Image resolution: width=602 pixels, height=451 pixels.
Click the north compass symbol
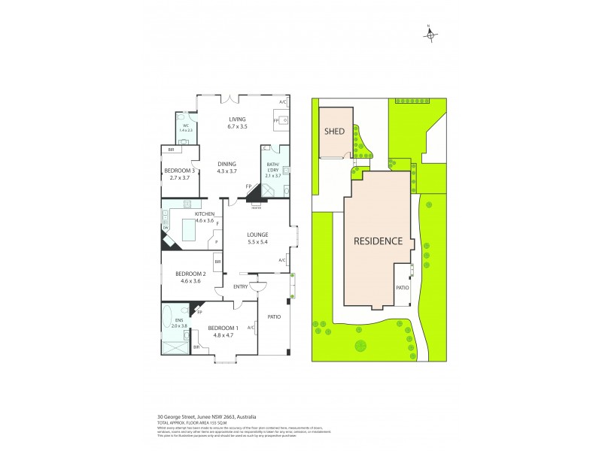click(430, 32)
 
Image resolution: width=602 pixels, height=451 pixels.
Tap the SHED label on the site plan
click(334, 132)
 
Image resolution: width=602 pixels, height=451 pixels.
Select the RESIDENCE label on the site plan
click(384, 241)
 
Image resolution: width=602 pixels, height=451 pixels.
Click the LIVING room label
click(238, 120)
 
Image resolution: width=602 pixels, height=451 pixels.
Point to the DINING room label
click(227, 164)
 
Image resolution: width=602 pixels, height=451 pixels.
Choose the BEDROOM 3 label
click(180, 171)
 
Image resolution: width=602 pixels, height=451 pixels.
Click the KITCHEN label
click(184, 213)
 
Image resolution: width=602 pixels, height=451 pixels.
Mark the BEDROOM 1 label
click(222, 328)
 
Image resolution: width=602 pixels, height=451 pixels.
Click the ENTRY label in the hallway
click(241, 286)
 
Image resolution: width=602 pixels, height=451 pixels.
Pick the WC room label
click(186, 126)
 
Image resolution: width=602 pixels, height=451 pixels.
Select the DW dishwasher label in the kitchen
click(166, 228)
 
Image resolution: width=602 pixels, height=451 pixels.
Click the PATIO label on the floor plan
click(274, 316)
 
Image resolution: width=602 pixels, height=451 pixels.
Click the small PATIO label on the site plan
click(402, 288)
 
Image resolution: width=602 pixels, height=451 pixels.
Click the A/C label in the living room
click(283, 101)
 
